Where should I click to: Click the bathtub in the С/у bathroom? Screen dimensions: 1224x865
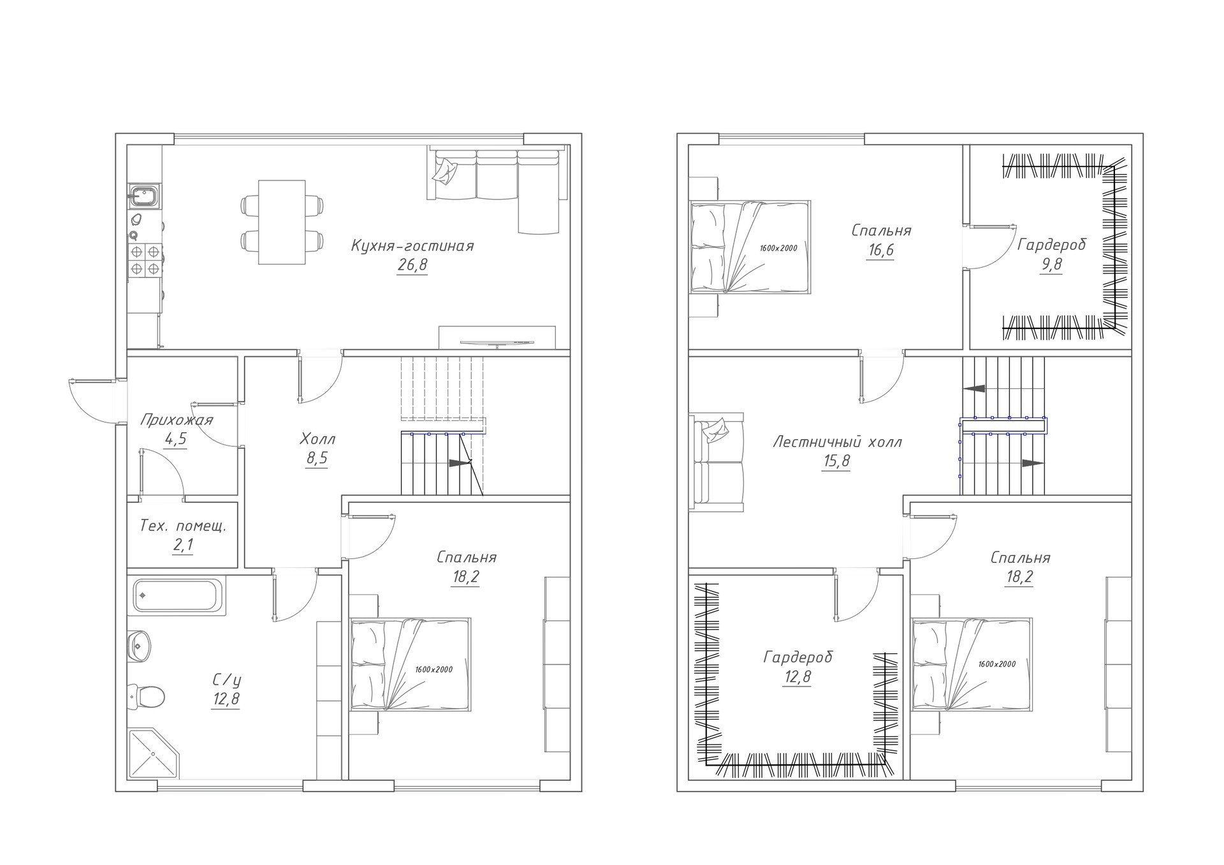click(179, 597)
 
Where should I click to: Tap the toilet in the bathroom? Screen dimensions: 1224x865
click(147, 696)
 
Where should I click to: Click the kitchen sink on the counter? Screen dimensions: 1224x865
click(145, 196)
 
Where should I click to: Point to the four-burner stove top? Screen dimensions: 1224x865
click(144, 260)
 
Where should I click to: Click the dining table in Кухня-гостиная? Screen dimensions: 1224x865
click(282, 222)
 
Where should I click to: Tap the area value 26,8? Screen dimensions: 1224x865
click(412, 266)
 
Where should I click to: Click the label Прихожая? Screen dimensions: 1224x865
click(176, 421)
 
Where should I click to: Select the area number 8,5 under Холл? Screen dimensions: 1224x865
click(317, 459)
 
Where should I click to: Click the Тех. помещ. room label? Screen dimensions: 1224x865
click(183, 527)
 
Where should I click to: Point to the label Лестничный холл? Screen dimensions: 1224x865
click(837, 442)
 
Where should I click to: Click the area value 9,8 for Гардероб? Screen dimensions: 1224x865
click(1051, 265)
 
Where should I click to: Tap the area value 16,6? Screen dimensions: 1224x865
click(880, 251)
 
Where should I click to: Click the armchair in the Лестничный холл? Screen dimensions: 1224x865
click(717, 462)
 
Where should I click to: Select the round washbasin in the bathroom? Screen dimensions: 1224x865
click(139, 646)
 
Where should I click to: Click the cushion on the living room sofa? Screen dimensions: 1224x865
click(445, 171)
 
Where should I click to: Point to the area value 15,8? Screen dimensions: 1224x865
click(836, 462)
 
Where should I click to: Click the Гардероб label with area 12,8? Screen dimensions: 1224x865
click(798, 657)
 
